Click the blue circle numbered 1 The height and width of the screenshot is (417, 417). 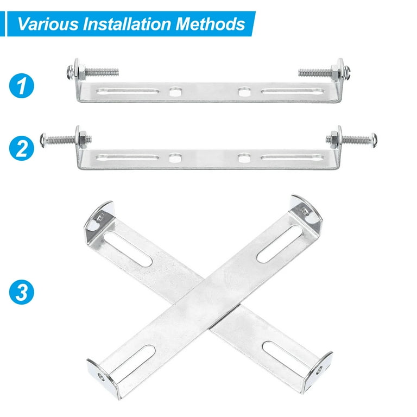tap(22, 87)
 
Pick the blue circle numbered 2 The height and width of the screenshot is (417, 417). tap(22, 148)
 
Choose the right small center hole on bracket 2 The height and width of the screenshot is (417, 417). tap(242, 159)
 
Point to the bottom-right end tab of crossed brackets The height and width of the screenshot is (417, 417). tap(319, 370)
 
